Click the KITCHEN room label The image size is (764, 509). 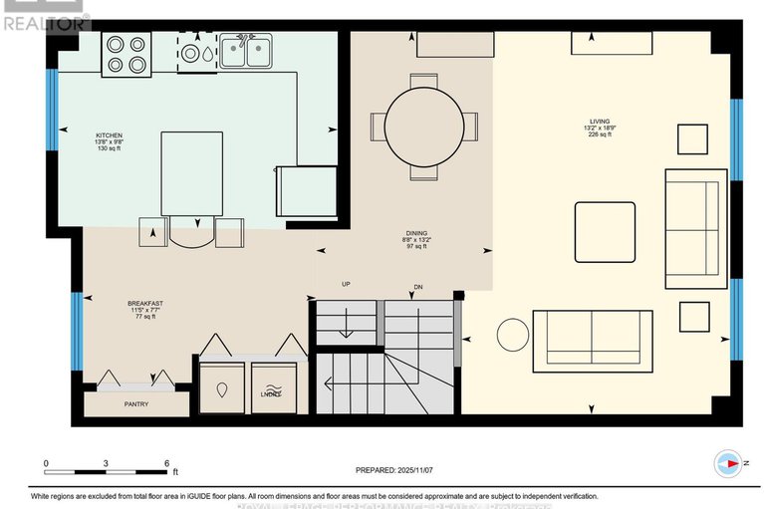pos(109,134)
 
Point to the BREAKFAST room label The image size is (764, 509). pos(144,303)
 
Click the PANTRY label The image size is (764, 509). pos(136,405)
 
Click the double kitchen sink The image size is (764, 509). pos(245,51)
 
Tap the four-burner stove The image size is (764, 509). pos(127,54)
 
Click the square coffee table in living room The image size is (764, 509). pos(604,232)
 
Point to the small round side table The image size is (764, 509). pos(514,334)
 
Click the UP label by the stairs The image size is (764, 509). pos(346,285)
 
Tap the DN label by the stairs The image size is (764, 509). pos(419,289)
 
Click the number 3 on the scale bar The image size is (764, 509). pos(107,463)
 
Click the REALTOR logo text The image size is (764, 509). pos(45,19)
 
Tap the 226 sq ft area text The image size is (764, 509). pos(599,135)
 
